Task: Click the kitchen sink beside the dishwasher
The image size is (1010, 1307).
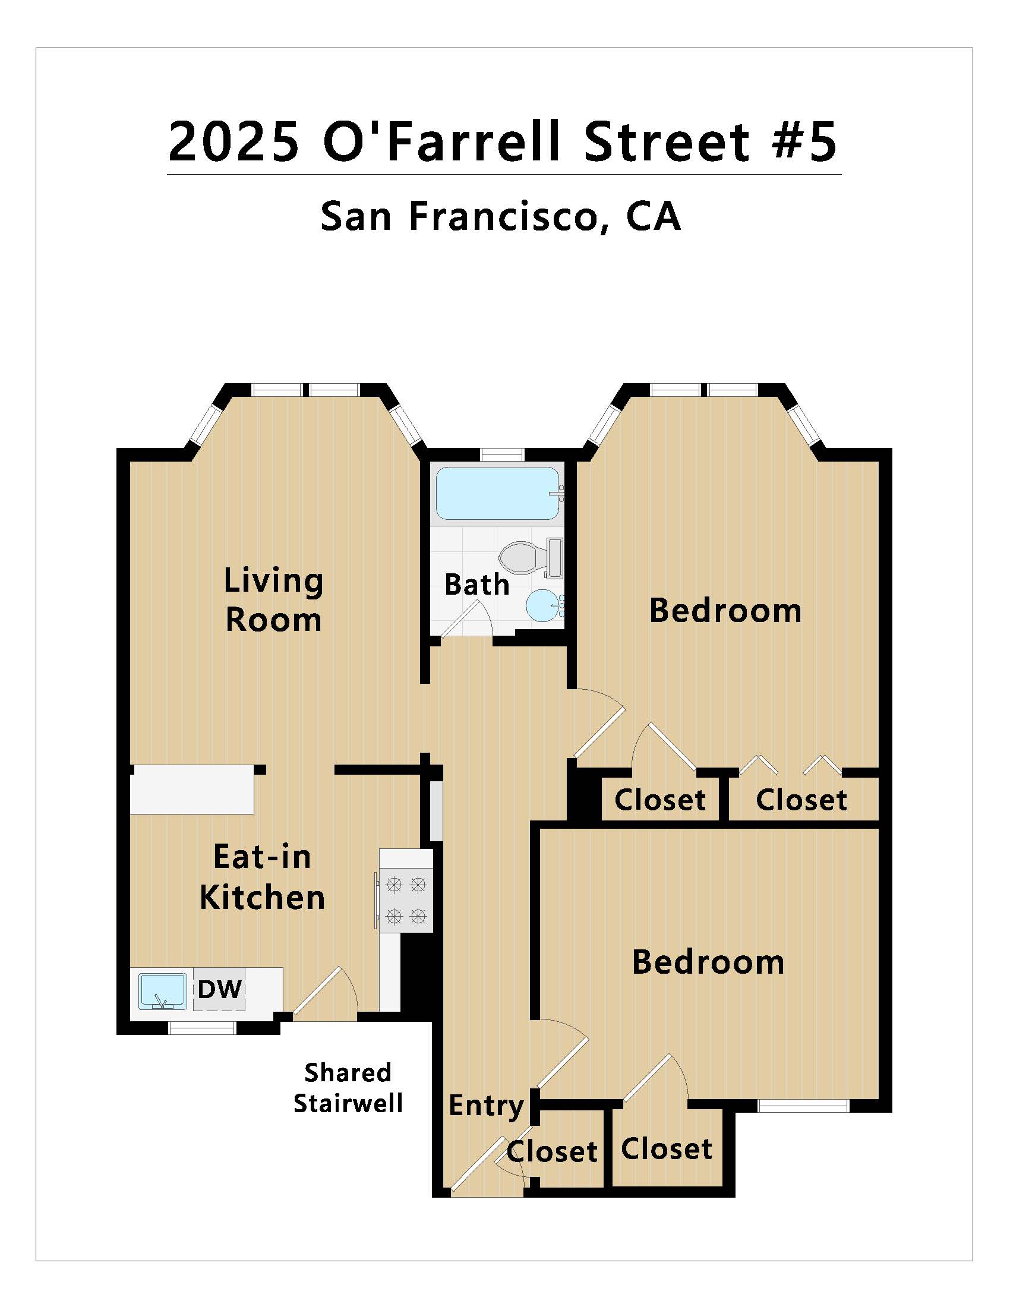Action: click(162, 991)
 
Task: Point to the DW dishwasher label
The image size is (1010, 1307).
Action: click(220, 989)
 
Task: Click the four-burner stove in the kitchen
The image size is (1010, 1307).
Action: click(406, 899)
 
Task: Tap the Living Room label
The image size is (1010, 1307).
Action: click(273, 600)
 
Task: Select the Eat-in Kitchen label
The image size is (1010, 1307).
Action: click(262, 877)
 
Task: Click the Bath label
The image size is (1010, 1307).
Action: click(477, 585)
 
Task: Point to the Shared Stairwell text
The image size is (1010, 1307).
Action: click(348, 1088)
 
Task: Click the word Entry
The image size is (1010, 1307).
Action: click(487, 1106)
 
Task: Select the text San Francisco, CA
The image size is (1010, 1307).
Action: click(501, 216)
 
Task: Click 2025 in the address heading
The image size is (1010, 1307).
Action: click(234, 141)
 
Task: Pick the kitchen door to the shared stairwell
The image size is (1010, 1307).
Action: click(325, 993)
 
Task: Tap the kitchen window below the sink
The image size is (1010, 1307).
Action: click(202, 1028)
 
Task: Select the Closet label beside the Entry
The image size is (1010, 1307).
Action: click(553, 1151)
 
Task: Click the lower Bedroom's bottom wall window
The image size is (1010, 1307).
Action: click(803, 1106)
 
